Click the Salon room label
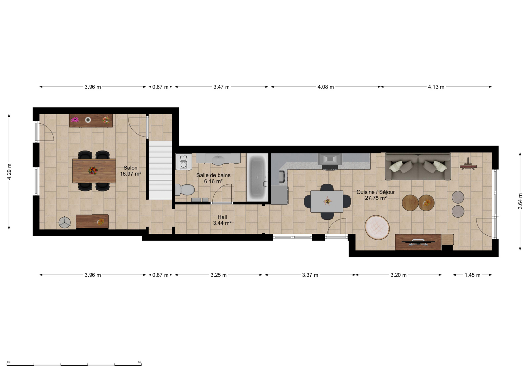(x=130, y=168)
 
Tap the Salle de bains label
(x=213, y=175)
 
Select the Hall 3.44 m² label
(x=222, y=220)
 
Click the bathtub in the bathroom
(x=258, y=177)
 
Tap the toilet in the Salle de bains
(x=185, y=190)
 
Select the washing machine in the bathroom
(x=183, y=162)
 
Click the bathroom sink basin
(x=219, y=160)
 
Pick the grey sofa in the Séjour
(x=418, y=166)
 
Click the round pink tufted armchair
(x=377, y=228)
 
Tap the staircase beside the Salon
(x=160, y=170)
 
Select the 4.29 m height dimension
(x=9, y=171)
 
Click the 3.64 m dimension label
(x=520, y=201)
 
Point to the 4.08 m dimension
(x=326, y=87)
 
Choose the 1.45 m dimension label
(x=472, y=275)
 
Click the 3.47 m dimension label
(x=221, y=87)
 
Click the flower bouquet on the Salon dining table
(x=93, y=170)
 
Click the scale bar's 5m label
(x=140, y=362)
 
